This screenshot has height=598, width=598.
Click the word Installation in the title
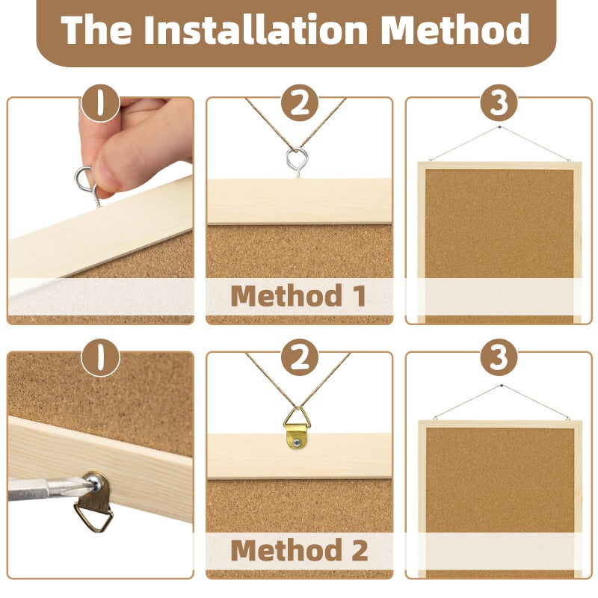pos(255,29)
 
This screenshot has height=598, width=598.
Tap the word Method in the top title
pos(455,29)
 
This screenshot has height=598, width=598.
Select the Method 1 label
pos(298,295)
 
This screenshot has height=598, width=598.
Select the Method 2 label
pos(300,550)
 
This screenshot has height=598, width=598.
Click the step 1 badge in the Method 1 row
pos(100,103)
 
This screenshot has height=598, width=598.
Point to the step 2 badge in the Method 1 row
pos(300,103)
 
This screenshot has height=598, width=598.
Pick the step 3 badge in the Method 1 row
pos(499,103)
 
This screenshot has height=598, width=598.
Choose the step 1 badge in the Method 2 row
pos(100,358)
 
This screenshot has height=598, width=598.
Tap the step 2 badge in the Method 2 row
pos(300,358)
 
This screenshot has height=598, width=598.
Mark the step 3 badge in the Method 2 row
pos(499,358)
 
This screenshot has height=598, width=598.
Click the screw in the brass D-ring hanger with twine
pos(296,443)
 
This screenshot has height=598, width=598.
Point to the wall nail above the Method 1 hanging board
pos(499,127)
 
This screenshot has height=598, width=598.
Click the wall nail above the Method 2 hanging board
pos(501,386)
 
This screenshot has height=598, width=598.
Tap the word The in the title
pos(96,29)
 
